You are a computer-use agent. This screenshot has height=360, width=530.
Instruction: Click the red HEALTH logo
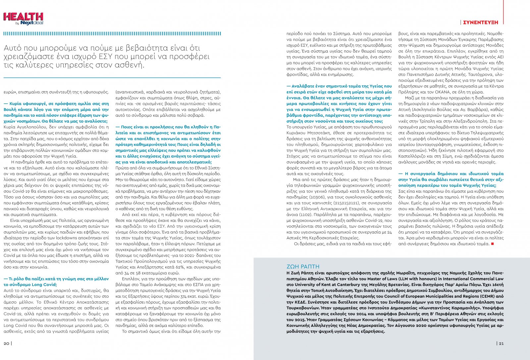[23, 17]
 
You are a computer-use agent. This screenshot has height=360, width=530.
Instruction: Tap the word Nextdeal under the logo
[32, 23]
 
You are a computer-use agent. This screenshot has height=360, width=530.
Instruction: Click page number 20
[7, 343]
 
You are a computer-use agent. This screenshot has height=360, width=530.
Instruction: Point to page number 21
[501, 343]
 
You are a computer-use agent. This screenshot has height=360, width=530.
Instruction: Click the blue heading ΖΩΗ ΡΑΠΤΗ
[303, 267]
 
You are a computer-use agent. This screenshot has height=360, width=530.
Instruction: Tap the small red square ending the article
[493, 244]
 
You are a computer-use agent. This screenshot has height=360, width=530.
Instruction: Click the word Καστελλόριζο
[412, 156]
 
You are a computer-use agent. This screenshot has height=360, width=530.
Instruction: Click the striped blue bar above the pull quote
[112, 34]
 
